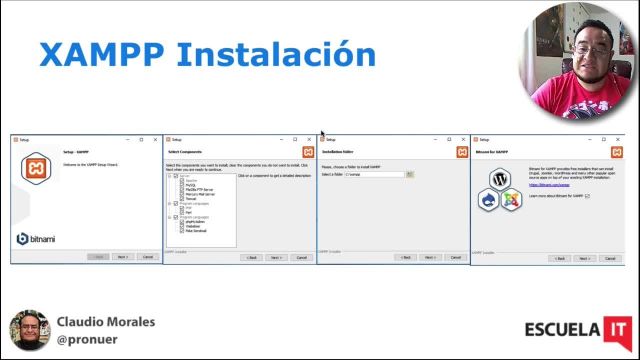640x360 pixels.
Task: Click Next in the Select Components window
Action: click(x=276, y=257)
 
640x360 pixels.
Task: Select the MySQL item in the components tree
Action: click(x=191, y=185)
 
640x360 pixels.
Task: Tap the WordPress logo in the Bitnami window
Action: click(x=500, y=179)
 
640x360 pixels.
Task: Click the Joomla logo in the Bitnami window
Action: click(x=511, y=199)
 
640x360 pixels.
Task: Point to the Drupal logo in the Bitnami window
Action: click(x=489, y=199)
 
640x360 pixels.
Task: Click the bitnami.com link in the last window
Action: click(x=549, y=185)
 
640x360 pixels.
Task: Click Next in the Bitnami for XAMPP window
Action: click(x=584, y=257)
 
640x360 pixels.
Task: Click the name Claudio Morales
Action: click(x=106, y=322)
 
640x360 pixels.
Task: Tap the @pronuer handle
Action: click(x=89, y=340)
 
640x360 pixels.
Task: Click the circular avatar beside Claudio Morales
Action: click(x=29, y=331)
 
